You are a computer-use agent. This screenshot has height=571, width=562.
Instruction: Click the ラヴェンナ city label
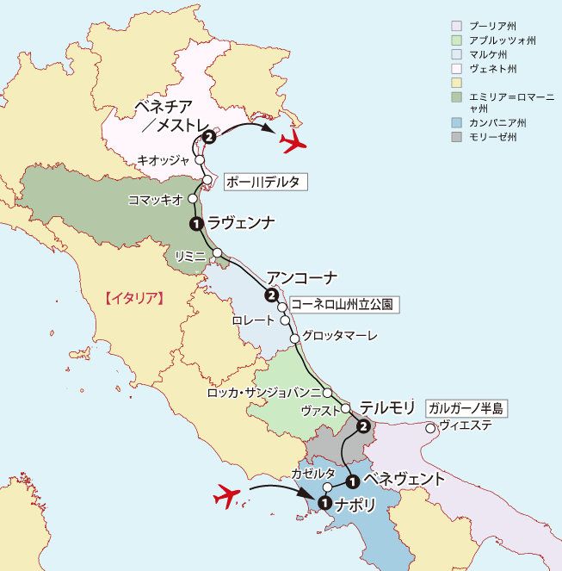[242, 223]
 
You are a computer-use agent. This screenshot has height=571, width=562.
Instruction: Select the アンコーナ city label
[301, 277]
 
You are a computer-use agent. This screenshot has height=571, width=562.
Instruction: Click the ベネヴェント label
[404, 479]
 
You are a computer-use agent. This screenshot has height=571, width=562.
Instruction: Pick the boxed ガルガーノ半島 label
[467, 407]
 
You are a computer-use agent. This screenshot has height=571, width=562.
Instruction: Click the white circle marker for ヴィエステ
[430, 425]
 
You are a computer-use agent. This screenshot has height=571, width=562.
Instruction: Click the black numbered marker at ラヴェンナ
[195, 224]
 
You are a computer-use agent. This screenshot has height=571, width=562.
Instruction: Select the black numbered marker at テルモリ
[363, 425]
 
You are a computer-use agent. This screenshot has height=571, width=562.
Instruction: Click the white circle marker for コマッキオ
[194, 200]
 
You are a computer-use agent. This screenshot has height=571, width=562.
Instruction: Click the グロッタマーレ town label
[341, 337]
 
